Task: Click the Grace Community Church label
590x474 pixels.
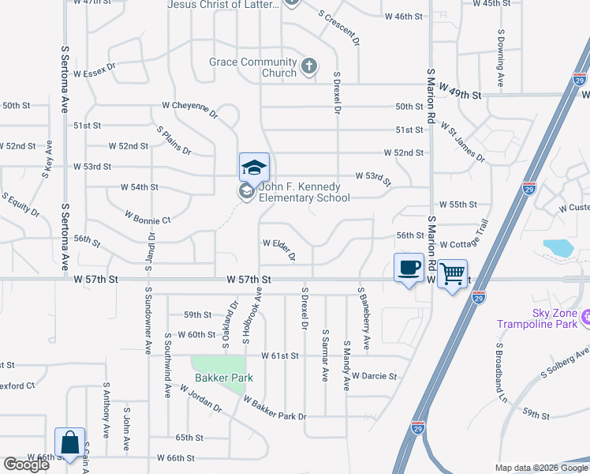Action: (x=252, y=67)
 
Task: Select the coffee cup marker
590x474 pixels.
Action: (x=409, y=269)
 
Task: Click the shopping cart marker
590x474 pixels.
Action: (x=452, y=274)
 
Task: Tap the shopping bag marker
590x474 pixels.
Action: (x=69, y=443)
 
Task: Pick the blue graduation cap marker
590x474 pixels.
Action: (x=254, y=167)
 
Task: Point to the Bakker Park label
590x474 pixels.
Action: (x=224, y=378)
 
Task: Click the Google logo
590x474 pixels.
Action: (x=26, y=465)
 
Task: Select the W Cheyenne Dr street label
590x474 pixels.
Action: (x=190, y=109)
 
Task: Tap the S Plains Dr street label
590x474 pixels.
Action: (x=174, y=140)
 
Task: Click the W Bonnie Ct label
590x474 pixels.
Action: (x=147, y=217)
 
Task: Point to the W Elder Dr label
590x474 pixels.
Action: (x=279, y=249)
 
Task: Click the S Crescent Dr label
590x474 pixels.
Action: (x=340, y=25)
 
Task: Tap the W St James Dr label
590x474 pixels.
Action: (x=463, y=141)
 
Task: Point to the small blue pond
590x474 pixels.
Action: (x=559, y=247)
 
